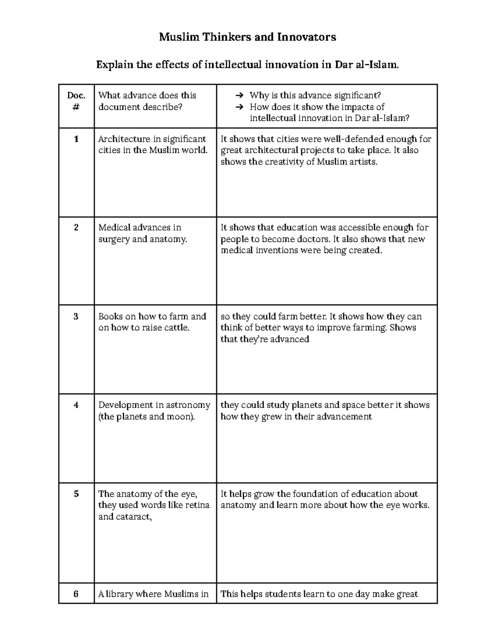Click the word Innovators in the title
click(306, 37)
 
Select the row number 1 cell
click(76, 139)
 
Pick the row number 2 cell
click(76, 227)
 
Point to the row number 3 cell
click(76, 316)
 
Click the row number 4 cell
click(76, 405)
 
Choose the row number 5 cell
click(76, 494)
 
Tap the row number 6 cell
click(76, 594)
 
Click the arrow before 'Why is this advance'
click(239, 96)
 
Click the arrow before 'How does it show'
click(239, 107)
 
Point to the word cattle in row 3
click(177, 328)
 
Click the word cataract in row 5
click(134, 517)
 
